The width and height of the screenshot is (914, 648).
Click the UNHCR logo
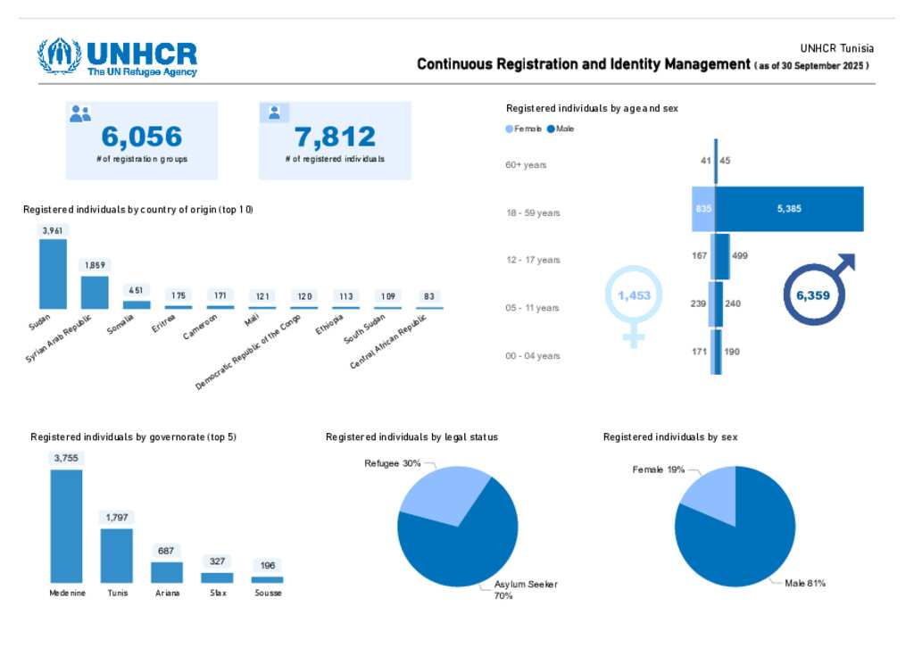pyautogui.click(x=117, y=57)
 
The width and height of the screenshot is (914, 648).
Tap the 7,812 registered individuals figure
pyautogui.click(x=335, y=137)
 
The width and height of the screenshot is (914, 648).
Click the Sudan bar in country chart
pyautogui.click(x=53, y=273)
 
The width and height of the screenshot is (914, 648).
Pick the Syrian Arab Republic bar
pyautogui.click(x=95, y=292)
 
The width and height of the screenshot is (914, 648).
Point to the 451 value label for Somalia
pyautogui.click(x=137, y=289)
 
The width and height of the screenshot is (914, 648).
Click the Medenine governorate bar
pyautogui.click(x=66, y=526)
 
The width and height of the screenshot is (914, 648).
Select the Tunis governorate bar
pyautogui.click(x=116, y=555)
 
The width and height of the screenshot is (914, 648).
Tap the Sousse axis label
pyautogui.click(x=268, y=593)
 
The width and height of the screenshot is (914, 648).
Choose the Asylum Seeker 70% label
pyautogui.click(x=526, y=589)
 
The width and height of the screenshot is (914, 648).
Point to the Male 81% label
pyautogui.click(x=805, y=583)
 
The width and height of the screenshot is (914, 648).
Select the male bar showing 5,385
pyautogui.click(x=789, y=209)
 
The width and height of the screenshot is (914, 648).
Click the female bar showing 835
pyautogui.click(x=703, y=209)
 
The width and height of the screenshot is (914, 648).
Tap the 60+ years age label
pyautogui.click(x=526, y=165)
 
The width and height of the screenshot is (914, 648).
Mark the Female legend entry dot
pyautogui.click(x=510, y=129)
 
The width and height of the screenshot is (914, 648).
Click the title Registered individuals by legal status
pyautogui.click(x=411, y=437)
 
